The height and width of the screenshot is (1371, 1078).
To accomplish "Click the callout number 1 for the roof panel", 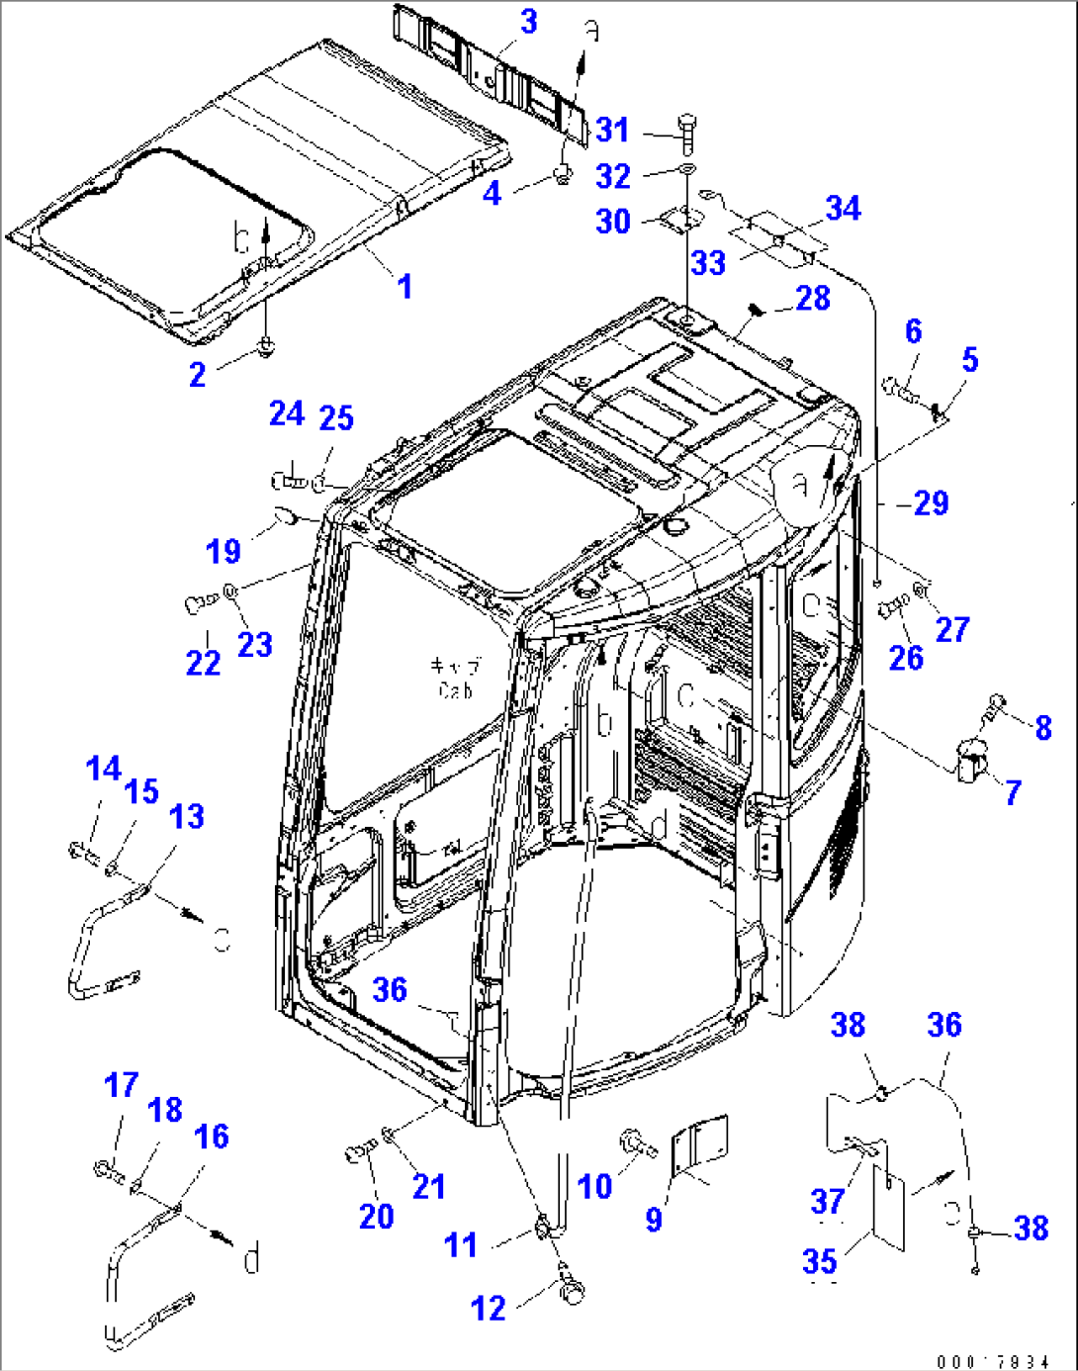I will pos(404,287).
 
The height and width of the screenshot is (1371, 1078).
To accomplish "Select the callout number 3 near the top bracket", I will pos(528,22).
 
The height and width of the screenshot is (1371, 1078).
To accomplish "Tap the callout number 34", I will pos(843,209).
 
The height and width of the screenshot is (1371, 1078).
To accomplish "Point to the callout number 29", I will pos(931,503).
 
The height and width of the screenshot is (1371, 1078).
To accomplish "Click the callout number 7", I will pos(1013,792).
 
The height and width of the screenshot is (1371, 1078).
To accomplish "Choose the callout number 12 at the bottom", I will pos(489,1309).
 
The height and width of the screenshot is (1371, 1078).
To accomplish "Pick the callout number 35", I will pos(820,1261).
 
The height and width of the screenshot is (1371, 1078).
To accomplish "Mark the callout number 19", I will pos(224,551).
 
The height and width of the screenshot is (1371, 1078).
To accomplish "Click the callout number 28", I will pos(813,298).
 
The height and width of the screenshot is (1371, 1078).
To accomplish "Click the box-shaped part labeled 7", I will pos(971,762).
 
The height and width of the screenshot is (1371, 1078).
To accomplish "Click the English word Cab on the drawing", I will pos(455,690).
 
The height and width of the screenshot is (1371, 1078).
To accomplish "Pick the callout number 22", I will pos(203,663).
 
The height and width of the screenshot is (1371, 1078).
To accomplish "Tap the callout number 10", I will pos(594,1186).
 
